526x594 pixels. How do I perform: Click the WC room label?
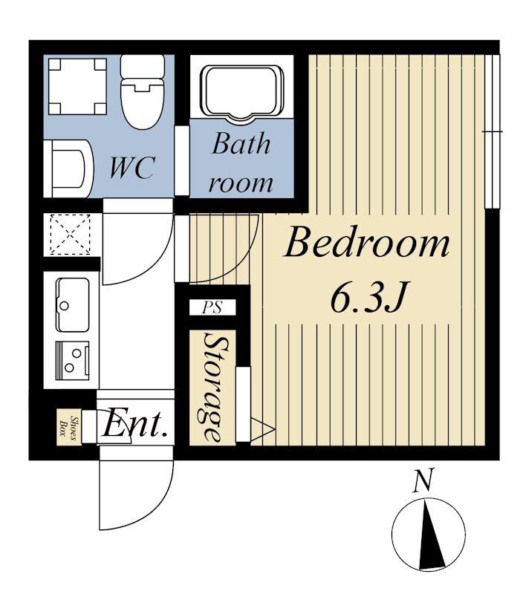tap(132, 167)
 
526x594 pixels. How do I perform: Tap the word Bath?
tap(241, 144)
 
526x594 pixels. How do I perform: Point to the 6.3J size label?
tap(366, 298)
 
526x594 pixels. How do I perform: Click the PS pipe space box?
tap(212, 307)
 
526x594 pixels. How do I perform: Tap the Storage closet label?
tap(212, 387)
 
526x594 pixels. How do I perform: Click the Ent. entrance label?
tap(135, 423)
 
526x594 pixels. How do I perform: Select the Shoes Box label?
tap(69, 428)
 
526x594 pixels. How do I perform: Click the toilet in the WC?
tap(142, 92)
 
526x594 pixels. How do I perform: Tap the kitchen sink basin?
tap(72, 304)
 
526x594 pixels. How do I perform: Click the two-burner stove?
tap(72, 360)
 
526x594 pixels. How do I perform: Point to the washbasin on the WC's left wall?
tap(68, 169)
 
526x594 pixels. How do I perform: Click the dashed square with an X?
tap(71, 235)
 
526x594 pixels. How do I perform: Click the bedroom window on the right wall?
tap(493, 131)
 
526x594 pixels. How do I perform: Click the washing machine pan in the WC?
tap(77, 86)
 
